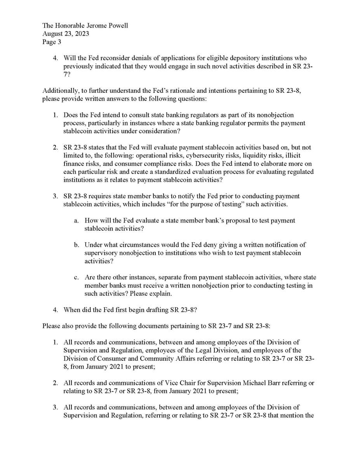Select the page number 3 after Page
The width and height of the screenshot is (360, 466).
point(59,42)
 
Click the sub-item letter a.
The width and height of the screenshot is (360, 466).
point(76,221)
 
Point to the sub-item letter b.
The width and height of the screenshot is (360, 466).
point(76,245)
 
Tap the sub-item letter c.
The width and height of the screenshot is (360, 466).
point(76,278)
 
